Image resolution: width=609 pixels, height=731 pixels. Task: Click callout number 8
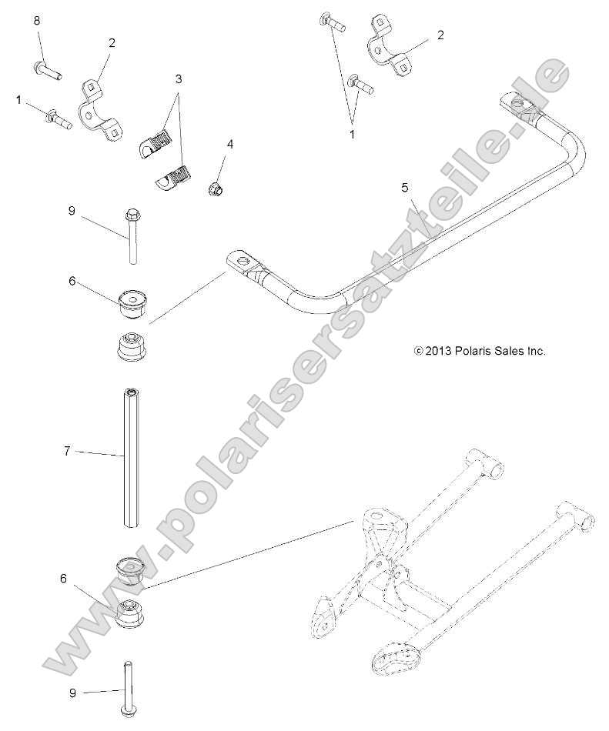[x=36, y=21]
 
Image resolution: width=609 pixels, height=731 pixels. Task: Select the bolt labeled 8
[x=47, y=72]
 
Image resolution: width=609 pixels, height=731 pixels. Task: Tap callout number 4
[x=229, y=144]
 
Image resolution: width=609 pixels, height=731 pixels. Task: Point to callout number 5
[x=405, y=187]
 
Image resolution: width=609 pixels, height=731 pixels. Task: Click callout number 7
[x=67, y=452]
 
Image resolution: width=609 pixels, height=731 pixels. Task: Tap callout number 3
[x=179, y=79]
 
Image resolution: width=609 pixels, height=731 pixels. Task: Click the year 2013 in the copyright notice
[x=437, y=351]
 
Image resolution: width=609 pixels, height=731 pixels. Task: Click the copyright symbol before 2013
[x=418, y=351]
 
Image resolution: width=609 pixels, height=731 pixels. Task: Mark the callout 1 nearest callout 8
[x=18, y=99]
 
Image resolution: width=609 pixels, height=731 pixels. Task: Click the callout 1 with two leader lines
[x=352, y=133]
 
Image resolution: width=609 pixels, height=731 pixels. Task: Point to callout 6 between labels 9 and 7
[x=72, y=282]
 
